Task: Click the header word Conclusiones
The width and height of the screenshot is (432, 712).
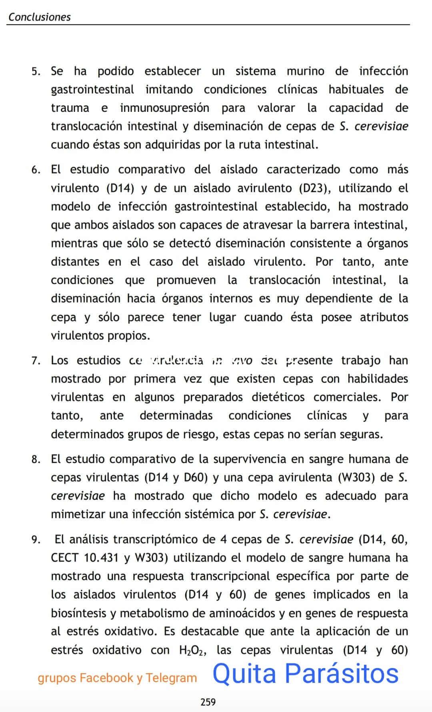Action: point(39,17)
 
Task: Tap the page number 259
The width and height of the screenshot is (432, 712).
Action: point(208,702)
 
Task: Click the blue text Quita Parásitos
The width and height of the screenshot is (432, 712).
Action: point(305,673)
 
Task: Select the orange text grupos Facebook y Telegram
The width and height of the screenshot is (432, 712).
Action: point(117,678)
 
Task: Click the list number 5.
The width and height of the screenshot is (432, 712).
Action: point(36,72)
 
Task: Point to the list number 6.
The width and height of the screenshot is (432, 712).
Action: point(36,170)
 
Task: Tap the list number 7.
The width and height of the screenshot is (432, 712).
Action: point(36,361)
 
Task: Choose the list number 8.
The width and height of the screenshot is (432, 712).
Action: point(36,459)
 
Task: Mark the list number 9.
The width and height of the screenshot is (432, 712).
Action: point(36,540)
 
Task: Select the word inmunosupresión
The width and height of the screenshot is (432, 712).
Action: point(164,108)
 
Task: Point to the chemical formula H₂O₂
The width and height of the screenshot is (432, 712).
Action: point(193,650)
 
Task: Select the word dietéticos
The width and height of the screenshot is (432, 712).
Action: point(278,397)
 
